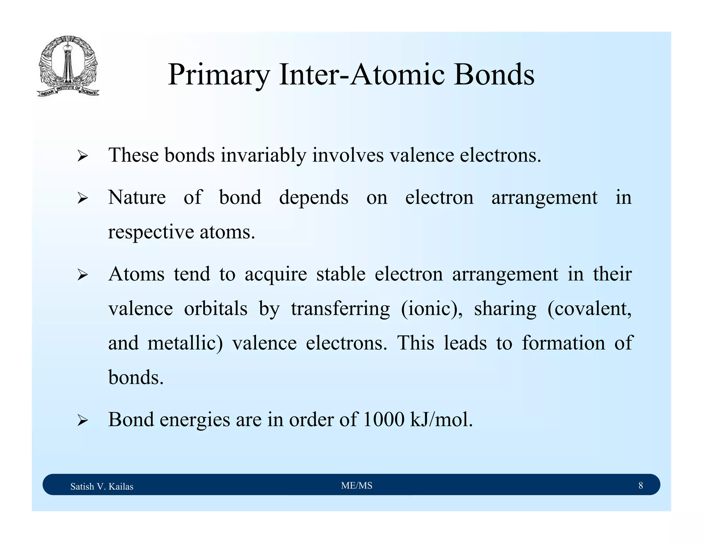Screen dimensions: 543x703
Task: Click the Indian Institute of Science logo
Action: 68,66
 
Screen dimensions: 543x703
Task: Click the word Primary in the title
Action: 219,75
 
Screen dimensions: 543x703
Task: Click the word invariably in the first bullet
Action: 263,155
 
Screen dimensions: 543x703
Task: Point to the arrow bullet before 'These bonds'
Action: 82,156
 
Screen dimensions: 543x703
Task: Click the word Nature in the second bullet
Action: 137,197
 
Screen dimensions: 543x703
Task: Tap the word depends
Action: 313,197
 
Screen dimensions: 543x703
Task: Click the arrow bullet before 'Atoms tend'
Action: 82,275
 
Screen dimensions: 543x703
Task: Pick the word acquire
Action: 276,275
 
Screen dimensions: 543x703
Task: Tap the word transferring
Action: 340,309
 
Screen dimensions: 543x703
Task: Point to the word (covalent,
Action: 589,309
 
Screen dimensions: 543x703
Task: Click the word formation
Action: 563,343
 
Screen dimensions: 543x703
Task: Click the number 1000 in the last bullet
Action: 383,419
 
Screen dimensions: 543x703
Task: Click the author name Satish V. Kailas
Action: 102,486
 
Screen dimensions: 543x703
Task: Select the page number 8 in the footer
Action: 641,485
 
